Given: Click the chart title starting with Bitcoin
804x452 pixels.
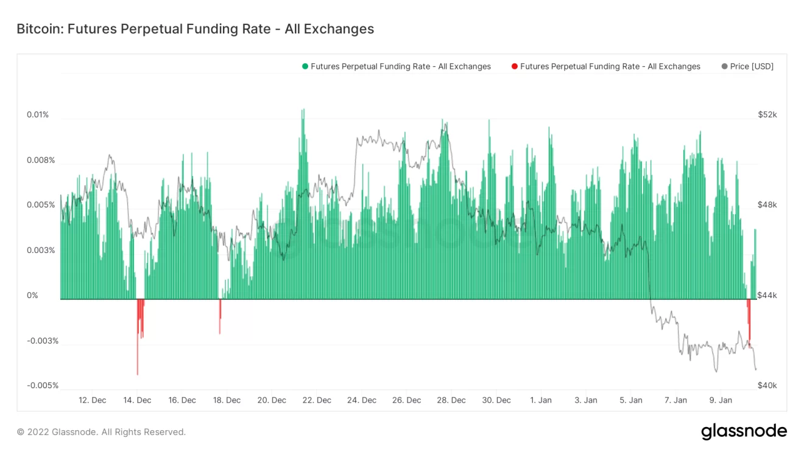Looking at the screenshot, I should [x=195, y=29].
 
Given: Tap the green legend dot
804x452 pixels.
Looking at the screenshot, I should [x=305, y=66].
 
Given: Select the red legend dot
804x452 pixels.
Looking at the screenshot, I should [x=515, y=66].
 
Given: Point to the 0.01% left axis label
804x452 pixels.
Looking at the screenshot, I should [x=37, y=115].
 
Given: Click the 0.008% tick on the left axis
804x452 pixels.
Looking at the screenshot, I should [x=40, y=161].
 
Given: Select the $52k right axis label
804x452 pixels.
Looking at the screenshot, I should [x=767, y=115].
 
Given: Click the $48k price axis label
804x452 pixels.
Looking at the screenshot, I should [x=767, y=205].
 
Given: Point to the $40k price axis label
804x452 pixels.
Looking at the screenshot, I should [x=767, y=386].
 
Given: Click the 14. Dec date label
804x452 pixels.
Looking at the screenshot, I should [x=137, y=400].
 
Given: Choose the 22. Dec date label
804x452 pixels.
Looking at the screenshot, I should [x=317, y=400].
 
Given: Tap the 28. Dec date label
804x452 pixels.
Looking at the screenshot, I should [x=451, y=400].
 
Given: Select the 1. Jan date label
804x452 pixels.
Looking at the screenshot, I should [x=541, y=400].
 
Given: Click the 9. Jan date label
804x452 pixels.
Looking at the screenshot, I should [x=721, y=400].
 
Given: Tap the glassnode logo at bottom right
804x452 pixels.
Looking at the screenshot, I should [x=744, y=432].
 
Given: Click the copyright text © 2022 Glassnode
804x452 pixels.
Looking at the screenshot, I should [x=101, y=432].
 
